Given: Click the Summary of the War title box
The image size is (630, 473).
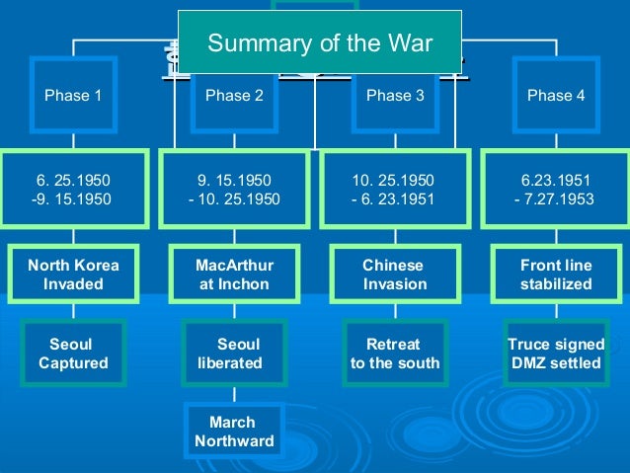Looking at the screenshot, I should [x=319, y=42].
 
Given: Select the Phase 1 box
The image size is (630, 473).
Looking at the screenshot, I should [x=73, y=96].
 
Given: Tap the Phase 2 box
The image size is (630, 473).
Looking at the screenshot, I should [x=234, y=96].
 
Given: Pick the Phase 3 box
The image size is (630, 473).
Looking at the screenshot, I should [x=395, y=96].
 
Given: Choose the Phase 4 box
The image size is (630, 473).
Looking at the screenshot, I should [x=556, y=96].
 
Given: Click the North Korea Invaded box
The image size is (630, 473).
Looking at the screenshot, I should [x=73, y=275].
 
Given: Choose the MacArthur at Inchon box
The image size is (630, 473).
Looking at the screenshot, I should [x=234, y=275].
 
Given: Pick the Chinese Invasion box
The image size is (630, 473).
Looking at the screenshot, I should [x=395, y=275].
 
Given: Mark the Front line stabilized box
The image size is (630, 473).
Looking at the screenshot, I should [x=556, y=275].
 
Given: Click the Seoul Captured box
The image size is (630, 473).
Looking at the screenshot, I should [x=73, y=354].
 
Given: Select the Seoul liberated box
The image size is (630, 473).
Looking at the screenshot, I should [x=234, y=354].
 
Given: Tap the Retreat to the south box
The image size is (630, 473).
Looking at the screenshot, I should [x=395, y=354].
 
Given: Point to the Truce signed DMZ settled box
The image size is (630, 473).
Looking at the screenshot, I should [x=556, y=354].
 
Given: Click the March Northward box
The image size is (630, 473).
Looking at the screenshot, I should [x=234, y=432].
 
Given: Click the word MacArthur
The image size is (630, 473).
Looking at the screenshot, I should [x=234, y=266].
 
